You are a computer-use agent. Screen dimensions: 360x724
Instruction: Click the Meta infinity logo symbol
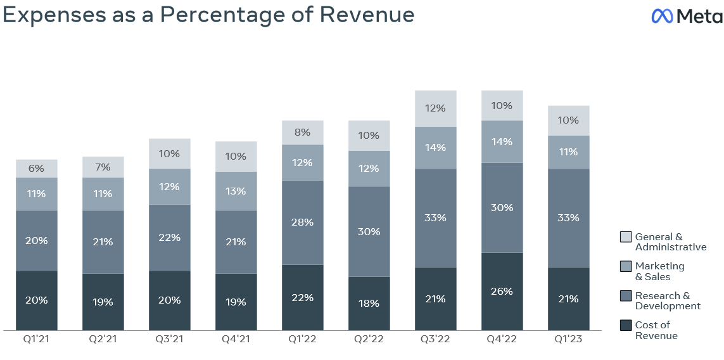pyautogui.click(x=662, y=16)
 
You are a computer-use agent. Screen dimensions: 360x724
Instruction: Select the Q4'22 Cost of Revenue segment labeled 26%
pyautogui.click(x=502, y=292)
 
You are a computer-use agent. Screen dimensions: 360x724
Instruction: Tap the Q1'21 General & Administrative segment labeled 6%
pyautogui.click(x=37, y=169)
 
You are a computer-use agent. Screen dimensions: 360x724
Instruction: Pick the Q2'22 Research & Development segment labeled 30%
pyautogui.click(x=369, y=232)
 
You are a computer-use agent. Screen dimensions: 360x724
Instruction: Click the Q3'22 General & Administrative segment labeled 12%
pyautogui.click(x=435, y=108)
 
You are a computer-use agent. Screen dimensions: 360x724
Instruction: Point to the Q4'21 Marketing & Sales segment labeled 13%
pyautogui.click(x=236, y=191)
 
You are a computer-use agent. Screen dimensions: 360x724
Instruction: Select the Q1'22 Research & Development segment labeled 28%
pyautogui.click(x=302, y=222)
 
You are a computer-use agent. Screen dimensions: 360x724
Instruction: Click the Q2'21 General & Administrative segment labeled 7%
pyautogui.click(x=103, y=167)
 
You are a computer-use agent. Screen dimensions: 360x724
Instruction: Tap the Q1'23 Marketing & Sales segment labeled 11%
pyautogui.click(x=568, y=152)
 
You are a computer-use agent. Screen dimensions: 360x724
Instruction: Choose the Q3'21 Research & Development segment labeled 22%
pyautogui.click(x=169, y=238)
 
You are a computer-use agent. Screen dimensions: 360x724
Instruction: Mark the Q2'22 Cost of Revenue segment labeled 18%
pyautogui.click(x=369, y=304)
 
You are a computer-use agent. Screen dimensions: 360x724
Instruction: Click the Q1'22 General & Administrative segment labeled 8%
pyautogui.click(x=302, y=132)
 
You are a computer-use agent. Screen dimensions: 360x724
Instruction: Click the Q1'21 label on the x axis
pyautogui.click(x=36, y=339)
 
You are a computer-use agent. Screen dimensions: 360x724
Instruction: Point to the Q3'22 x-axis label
pyautogui.click(x=435, y=339)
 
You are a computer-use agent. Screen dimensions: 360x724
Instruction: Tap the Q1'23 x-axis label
pyautogui.click(x=568, y=339)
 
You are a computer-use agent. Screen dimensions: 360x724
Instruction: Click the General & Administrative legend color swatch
pyautogui.click(x=625, y=237)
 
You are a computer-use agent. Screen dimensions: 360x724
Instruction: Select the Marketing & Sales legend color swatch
pyautogui.click(x=625, y=267)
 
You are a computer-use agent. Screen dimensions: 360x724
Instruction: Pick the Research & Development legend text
pyautogui.click(x=668, y=301)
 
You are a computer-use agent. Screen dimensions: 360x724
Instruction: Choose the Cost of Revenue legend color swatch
pyautogui.click(x=625, y=325)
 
